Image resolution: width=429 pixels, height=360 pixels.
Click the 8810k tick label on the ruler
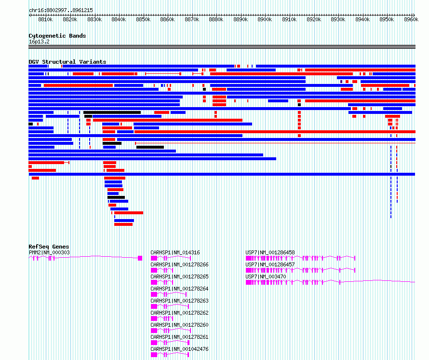coord(45,19)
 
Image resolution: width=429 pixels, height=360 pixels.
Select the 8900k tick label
coord(265,19)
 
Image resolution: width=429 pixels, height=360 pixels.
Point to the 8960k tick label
coord(411,19)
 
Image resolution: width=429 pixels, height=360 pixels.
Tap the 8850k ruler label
coord(143,19)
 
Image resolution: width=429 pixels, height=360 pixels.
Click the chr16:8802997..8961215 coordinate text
coord(61,11)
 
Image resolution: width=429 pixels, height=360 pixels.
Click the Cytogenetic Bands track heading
coord(57,36)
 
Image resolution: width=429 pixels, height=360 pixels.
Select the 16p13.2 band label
coord(39,42)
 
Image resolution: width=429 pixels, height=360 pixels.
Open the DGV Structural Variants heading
coord(67,62)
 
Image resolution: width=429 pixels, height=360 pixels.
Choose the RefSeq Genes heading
coord(49,247)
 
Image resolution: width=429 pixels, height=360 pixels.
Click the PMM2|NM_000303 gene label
coord(49,252)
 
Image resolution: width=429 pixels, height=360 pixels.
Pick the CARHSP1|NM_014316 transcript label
coord(175,252)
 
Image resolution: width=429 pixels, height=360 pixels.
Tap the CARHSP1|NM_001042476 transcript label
coord(179,349)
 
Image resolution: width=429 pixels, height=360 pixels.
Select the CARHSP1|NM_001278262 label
coord(179,313)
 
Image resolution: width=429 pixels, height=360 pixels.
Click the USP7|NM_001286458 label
coord(270,252)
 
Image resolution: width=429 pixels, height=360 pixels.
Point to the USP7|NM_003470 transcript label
coord(266,277)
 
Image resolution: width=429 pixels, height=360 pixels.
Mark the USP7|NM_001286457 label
coord(270,264)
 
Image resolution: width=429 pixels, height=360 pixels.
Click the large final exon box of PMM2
coord(140,258)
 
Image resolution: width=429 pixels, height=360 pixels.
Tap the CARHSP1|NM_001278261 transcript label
coord(179,337)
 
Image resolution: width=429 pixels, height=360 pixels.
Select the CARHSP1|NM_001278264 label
coord(179,289)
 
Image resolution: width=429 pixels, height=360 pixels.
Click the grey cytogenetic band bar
coord(222,47)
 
